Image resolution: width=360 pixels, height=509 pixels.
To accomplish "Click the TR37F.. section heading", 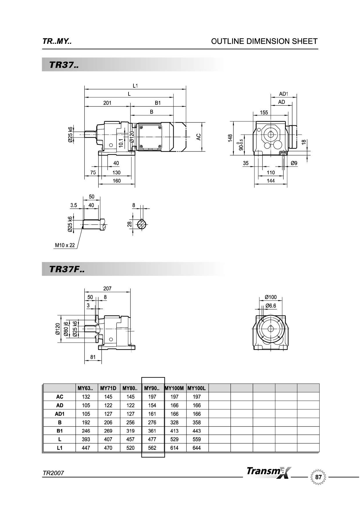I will click(x=67, y=269).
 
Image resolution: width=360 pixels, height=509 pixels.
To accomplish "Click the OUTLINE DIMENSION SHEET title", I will click(x=264, y=41).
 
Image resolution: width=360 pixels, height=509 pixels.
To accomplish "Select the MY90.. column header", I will click(x=152, y=388).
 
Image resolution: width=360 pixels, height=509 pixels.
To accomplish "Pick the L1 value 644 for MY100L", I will click(x=196, y=448).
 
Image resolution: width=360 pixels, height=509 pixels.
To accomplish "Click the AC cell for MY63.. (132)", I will click(x=86, y=397).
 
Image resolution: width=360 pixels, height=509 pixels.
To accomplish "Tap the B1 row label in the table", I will click(x=59, y=431).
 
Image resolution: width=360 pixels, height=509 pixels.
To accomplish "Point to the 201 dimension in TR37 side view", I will click(x=107, y=103).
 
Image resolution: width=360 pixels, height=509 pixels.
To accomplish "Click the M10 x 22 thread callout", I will click(x=65, y=245).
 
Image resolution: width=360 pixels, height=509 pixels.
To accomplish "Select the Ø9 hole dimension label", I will click(x=294, y=163).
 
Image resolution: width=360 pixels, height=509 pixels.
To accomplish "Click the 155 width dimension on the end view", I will click(x=264, y=113).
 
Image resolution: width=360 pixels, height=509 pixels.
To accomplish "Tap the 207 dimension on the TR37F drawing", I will click(x=107, y=288).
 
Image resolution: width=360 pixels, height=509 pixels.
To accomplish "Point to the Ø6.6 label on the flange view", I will click(x=271, y=306).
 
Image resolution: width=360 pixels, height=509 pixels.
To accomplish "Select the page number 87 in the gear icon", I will click(x=318, y=477).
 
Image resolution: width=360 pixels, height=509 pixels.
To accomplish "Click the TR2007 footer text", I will click(x=53, y=473).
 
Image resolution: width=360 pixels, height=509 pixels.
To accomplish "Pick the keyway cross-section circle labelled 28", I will click(x=142, y=224).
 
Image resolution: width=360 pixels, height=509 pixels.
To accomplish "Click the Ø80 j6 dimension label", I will click(x=66, y=329).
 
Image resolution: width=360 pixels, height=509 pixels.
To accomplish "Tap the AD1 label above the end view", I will click(x=283, y=94).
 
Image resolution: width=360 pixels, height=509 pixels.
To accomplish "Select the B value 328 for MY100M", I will click(x=174, y=422).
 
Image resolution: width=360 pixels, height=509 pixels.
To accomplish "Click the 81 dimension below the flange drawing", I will click(x=93, y=357).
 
